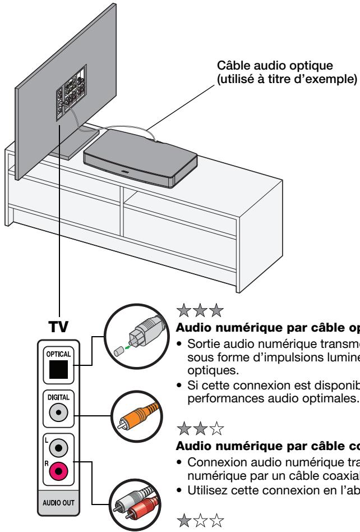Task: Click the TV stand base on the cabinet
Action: point(70,143)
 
